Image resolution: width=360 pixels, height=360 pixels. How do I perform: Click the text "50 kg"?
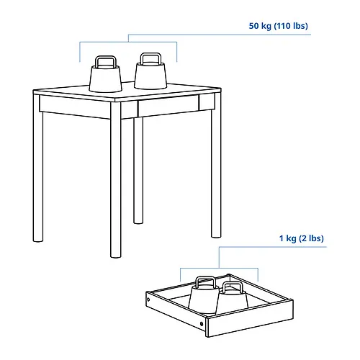coord(260,26)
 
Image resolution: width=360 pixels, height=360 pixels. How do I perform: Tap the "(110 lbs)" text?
coord(291,26)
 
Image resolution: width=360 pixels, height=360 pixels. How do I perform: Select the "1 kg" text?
coord(287,238)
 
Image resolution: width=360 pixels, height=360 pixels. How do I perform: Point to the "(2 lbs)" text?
coord(311,238)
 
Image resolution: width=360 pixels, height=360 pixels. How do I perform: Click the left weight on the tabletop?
coord(106,77)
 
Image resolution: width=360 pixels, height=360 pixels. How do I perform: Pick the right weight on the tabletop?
coord(150,73)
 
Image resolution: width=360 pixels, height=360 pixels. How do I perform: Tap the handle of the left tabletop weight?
coord(106,61)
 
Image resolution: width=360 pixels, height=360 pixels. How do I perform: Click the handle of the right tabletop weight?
coord(150,58)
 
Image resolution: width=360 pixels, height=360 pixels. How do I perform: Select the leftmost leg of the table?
coord(38,168)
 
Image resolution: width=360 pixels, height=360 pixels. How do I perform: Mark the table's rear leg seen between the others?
coord(138,171)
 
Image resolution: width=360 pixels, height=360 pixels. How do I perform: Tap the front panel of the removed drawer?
coord(250,318)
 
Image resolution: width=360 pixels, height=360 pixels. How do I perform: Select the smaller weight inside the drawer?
coord(233,297)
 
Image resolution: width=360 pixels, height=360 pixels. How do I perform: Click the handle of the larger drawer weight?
coord(205,282)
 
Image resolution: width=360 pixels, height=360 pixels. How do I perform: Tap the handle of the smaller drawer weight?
coord(232,287)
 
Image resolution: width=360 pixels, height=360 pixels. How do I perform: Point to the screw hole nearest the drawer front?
coord(202,324)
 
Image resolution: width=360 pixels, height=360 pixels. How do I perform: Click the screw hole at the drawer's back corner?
coord(148,300)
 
